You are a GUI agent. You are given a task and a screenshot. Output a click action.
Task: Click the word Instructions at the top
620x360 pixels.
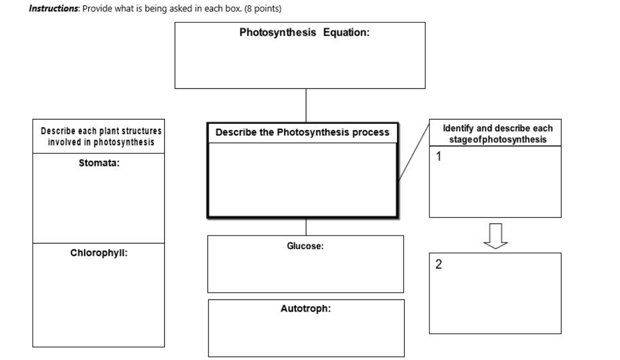(x=53, y=8)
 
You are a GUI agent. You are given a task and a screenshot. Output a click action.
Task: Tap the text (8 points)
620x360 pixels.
(x=263, y=8)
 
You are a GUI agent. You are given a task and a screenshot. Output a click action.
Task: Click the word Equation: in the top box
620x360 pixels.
(x=346, y=32)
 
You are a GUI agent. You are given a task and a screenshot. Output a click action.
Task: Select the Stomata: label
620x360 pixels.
(x=99, y=163)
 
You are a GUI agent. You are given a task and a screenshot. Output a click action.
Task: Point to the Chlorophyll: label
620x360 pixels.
(x=99, y=253)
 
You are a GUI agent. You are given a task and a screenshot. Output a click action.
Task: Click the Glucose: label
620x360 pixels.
(x=305, y=246)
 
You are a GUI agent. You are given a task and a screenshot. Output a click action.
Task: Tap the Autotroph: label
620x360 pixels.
(x=305, y=309)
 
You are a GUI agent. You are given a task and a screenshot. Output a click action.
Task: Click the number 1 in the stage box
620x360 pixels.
(x=438, y=156)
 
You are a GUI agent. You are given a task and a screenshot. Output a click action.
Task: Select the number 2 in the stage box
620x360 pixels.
(x=438, y=264)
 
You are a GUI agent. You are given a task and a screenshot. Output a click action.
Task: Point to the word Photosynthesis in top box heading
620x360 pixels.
(x=278, y=32)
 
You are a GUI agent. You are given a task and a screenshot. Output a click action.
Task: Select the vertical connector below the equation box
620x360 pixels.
(x=306, y=105)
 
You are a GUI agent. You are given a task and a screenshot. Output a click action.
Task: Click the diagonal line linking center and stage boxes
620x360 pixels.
(x=414, y=152)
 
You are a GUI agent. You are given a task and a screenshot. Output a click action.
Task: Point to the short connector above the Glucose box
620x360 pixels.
(x=306, y=227)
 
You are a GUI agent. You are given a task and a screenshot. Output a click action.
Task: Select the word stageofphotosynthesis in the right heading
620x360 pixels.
(x=498, y=139)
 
